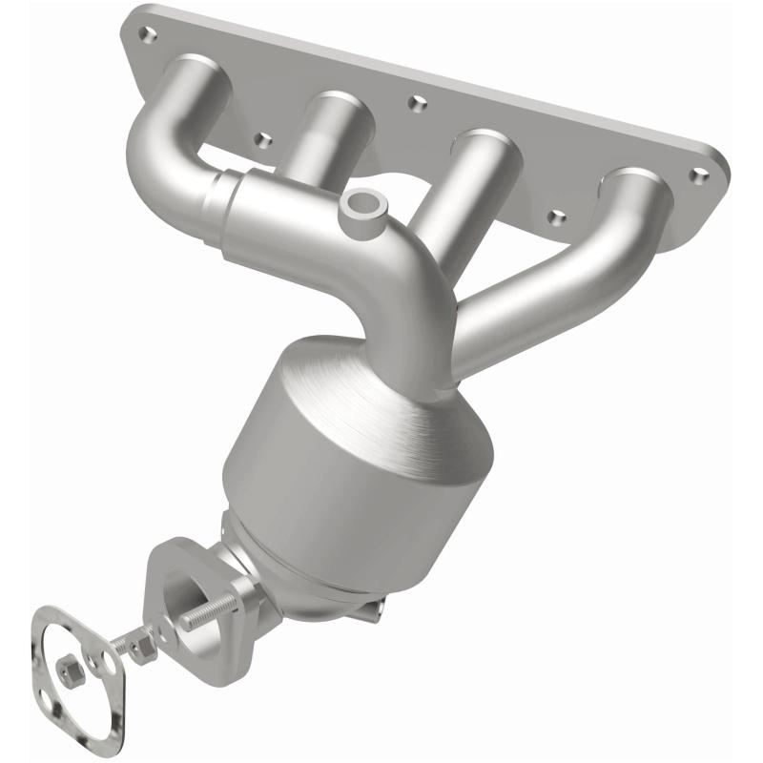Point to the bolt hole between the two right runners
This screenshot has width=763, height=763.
[x=558, y=217]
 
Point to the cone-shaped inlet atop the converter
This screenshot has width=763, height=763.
[x=381, y=381]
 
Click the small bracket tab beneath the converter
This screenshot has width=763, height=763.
[x=374, y=605]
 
